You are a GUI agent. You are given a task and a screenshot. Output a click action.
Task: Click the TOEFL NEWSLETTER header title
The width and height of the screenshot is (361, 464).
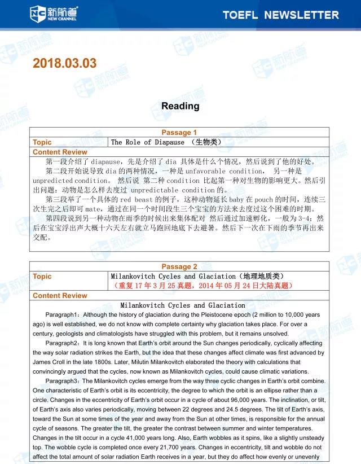[x=280, y=15]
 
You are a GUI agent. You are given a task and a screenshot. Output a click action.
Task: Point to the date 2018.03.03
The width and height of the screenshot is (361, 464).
[x=65, y=63]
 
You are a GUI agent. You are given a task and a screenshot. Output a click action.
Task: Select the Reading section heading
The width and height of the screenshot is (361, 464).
[x=180, y=106]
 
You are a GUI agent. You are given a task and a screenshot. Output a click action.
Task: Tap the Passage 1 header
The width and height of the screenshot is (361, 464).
[x=179, y=133]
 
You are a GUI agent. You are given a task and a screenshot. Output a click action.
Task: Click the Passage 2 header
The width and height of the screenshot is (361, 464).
[x=179, y=266]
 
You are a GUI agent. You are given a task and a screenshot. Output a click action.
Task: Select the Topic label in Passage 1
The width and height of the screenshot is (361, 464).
[x=42, y=142]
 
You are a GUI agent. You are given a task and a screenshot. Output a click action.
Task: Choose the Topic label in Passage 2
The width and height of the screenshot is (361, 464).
[x=42, y=276]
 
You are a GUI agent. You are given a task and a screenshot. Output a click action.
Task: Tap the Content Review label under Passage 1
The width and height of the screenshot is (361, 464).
[x=60, y=152]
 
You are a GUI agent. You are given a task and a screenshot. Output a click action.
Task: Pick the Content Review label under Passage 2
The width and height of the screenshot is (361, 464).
[x=60, y=295]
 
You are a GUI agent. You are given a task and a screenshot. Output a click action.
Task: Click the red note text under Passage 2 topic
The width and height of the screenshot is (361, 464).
[x=204, y=286]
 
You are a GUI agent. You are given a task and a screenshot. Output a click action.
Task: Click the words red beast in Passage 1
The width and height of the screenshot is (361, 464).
[x=133, y=199]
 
